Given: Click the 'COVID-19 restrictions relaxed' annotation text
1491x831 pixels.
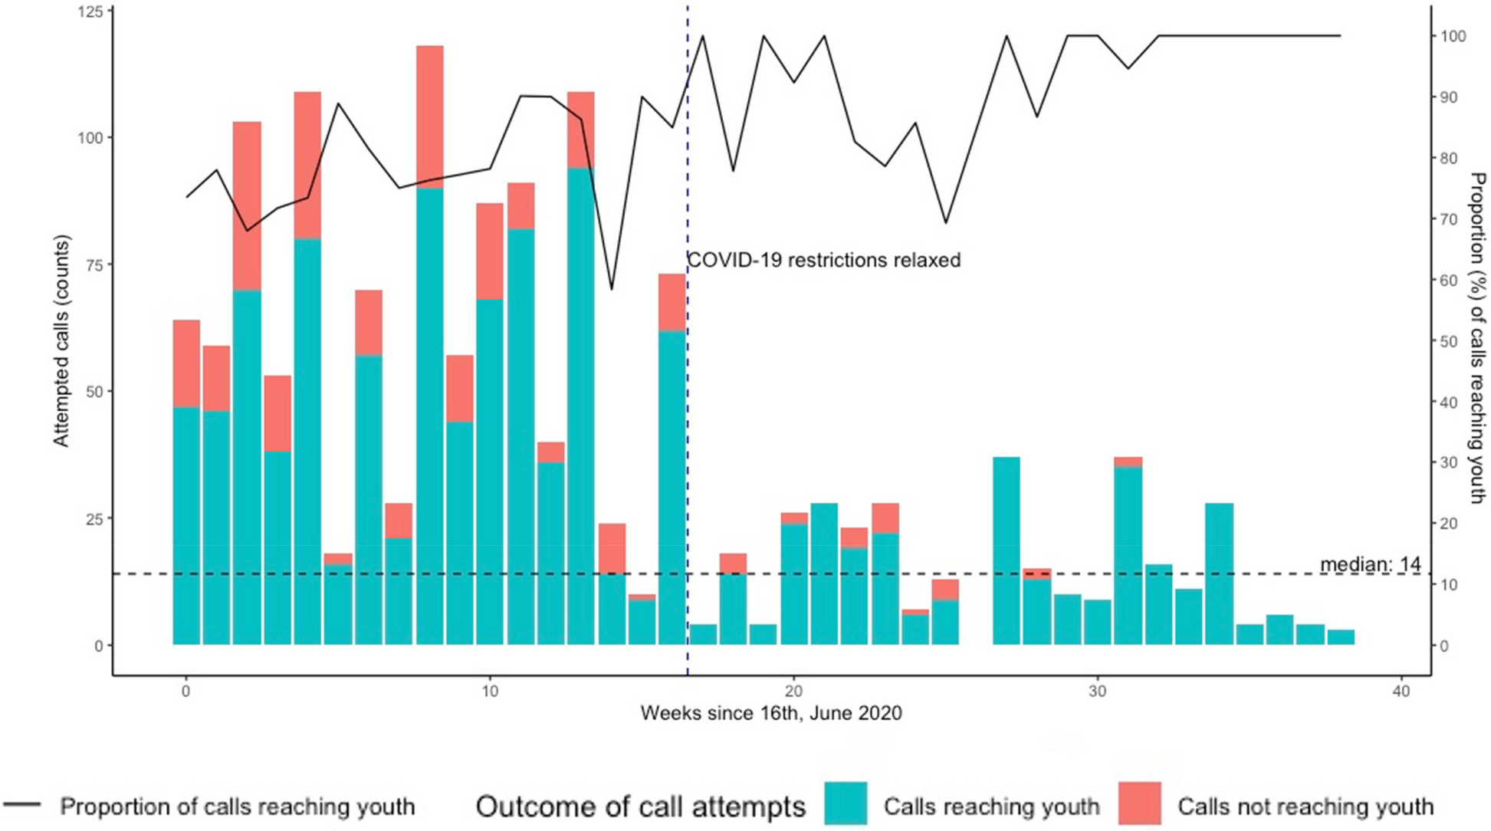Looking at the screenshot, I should coord(823,261).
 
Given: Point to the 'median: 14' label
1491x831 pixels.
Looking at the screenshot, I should coord(1370,565).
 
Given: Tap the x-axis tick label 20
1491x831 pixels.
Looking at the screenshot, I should coord(793,691).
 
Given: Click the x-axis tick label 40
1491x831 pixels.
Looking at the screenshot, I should coord(1401,691).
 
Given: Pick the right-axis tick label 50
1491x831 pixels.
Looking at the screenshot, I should coord(1449,341).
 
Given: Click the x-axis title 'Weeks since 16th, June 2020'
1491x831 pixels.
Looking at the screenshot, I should coord(771,714).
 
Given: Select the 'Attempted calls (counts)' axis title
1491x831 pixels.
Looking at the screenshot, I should coord(61,341).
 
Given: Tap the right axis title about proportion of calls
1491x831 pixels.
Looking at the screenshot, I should coord(1477,337).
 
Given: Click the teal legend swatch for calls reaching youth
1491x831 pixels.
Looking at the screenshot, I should coord(846,803).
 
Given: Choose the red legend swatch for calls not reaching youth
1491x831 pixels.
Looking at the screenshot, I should coord(1139,803).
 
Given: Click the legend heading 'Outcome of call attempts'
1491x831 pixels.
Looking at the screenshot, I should coord(640,806).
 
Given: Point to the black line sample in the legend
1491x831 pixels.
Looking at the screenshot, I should coord(22,805).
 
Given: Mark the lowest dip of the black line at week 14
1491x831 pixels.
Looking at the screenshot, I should coord(612,289).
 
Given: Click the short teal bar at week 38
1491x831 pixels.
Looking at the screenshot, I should coord(1341,637).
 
